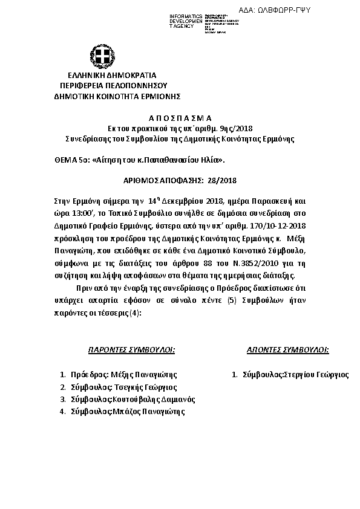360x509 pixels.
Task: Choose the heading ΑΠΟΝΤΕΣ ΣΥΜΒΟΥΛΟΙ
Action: pos(288,349)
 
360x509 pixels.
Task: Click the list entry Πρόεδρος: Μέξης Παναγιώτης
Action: pos(123,375)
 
